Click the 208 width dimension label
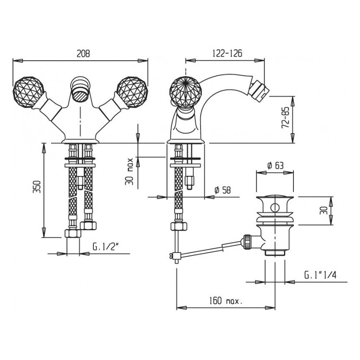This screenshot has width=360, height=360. (83, 54)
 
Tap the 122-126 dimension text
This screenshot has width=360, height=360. (227, 53)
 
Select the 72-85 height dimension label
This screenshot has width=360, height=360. (285, 118)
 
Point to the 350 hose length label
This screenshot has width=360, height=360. (37, 187)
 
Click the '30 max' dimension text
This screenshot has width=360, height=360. (129, 171)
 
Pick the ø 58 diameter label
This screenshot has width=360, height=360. (222, 190)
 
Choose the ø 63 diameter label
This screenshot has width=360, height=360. (275, 165)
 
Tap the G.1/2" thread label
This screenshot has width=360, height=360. (105, 247)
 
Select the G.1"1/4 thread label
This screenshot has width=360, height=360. (321, 275)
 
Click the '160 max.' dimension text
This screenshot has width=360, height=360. (226, 301)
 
